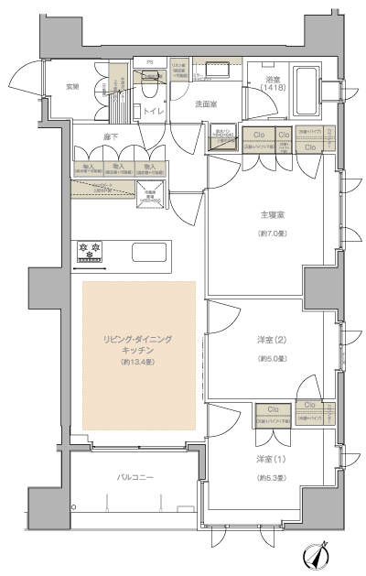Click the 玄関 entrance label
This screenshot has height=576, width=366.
[x=71, y=86]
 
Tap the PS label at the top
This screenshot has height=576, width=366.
[x=149, y=62]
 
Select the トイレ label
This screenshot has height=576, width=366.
[x=153, y=111]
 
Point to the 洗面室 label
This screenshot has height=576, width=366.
[x=206, y=104]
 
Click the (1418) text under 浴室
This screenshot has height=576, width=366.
[x=272, y=89]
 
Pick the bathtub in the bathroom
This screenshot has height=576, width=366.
[x=307, y=92]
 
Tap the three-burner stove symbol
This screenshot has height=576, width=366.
[x=89, y=248]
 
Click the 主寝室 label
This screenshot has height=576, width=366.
[x=272, y=215]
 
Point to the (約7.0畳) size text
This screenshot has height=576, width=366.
[x=272, y=234]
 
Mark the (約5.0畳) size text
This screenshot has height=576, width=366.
[x=272, y=358]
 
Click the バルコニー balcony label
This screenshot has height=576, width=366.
[x=135, y=478]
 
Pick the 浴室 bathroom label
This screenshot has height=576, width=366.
[x=272, y=79]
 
